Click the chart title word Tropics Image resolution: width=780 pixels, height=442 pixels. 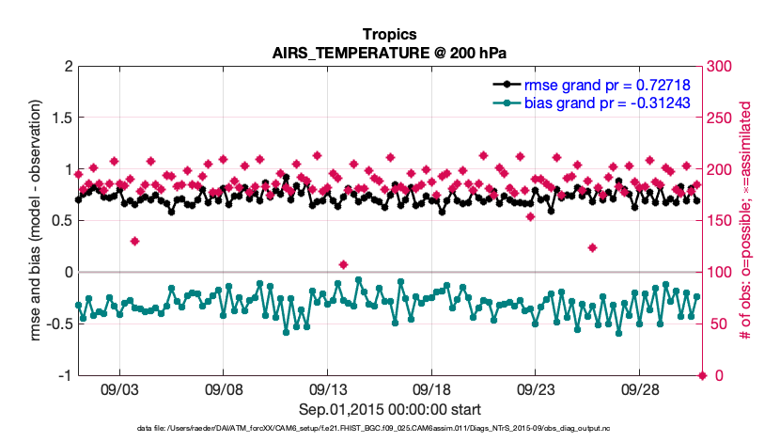coord(389,35)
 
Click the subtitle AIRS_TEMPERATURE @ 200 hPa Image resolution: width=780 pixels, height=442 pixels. coord(389,52)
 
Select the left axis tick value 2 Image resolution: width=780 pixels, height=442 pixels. coord(68,67)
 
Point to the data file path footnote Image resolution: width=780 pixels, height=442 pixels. coord(389,428)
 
